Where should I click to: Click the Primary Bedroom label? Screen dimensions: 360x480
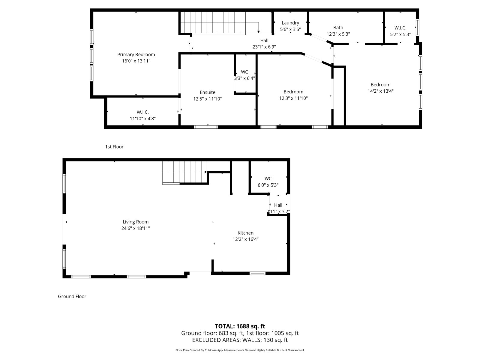[x=136, y=55]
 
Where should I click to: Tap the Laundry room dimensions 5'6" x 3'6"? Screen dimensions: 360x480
[x=290, y=29]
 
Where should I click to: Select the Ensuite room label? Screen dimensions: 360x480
[x=207, y=92]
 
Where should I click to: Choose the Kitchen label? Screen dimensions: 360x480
[x=245, y=233]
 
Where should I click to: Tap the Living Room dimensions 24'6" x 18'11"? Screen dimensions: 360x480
[x=136, y=228]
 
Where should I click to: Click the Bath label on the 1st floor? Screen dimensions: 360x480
[x=338, y=28]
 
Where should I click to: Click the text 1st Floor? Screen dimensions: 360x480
[x=114, y=147]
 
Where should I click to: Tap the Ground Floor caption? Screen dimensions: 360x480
[x=72, y=296]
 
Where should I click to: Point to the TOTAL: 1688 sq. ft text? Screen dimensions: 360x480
[x=240, y=326]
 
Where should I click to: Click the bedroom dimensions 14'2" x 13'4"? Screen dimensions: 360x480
[x=380, y=91]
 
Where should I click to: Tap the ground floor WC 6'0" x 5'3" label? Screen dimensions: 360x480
[x=268, y=182]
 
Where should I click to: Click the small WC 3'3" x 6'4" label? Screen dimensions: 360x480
[x=244, y=75]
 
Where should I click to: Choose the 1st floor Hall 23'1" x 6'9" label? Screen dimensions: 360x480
[x=264, y=43]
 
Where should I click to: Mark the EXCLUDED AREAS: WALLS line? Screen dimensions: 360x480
[x=240, y=340]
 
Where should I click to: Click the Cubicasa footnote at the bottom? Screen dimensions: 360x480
[x=240, y=350]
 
